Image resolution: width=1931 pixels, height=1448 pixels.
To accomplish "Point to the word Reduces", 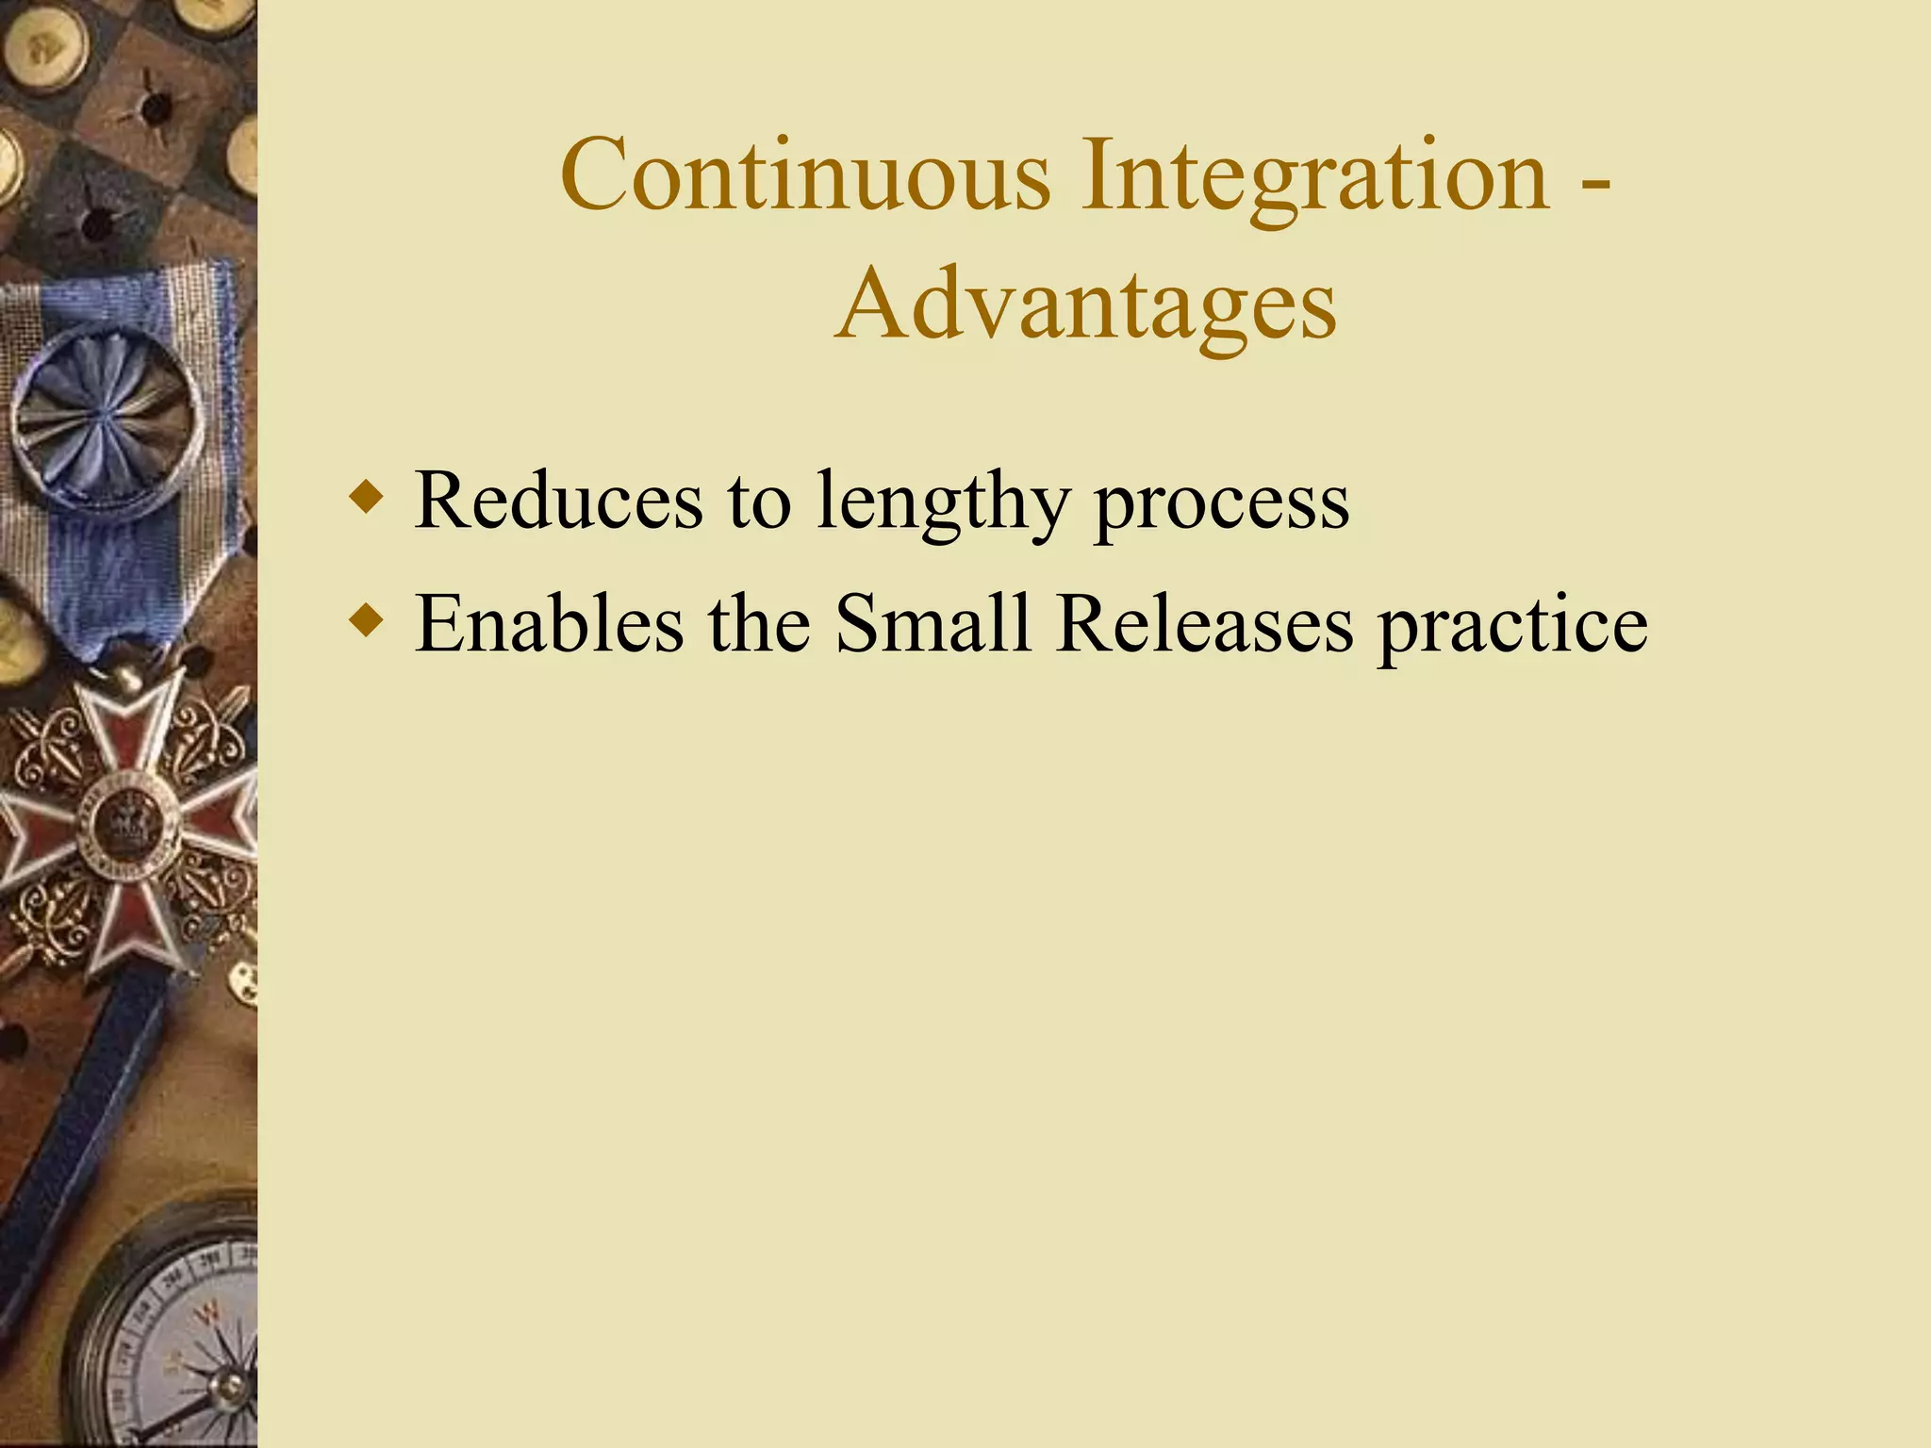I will [558, 501].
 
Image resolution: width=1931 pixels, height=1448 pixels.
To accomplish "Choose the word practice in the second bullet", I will [1512, 625].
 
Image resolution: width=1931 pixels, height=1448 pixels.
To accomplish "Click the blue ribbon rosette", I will [106, 420].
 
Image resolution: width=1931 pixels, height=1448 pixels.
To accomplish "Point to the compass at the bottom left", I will [179, 1339].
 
